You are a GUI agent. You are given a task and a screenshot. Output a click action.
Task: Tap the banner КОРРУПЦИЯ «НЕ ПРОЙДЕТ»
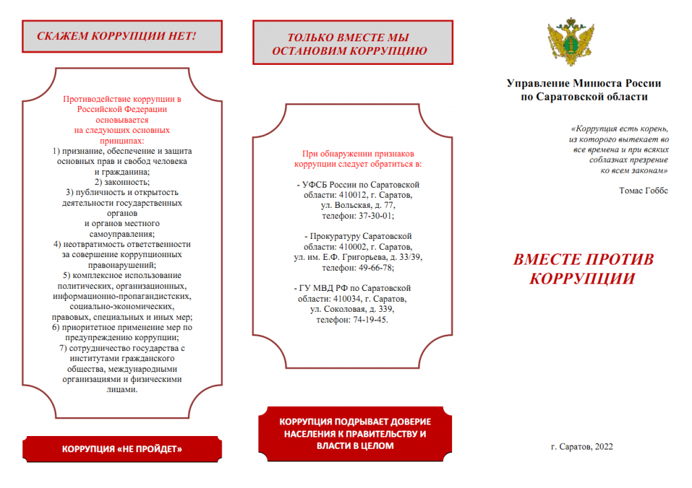click(x=122, y=449)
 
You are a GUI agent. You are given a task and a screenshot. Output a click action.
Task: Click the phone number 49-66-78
click(x=376, y=268)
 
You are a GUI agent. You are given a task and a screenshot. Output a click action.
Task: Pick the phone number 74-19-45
click(x=370, y=319)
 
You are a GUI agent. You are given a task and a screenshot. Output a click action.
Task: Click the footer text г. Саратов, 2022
click(x=582, y=446)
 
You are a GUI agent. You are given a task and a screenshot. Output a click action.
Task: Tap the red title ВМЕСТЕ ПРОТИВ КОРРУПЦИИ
click(x=584, y=269)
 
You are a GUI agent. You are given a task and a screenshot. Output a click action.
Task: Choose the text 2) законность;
click(x=122, y=182)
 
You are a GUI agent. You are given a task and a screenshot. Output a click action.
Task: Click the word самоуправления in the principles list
click(x=122, y=234)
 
